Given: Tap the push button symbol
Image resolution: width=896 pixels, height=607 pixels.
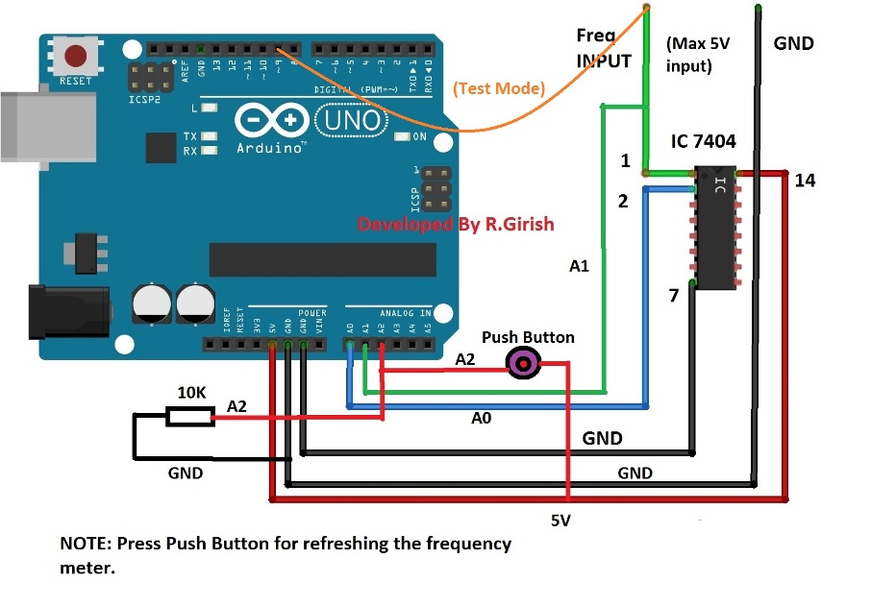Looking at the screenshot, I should coord(523,363).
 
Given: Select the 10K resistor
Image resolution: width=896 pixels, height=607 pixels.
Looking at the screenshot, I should coord(189,416).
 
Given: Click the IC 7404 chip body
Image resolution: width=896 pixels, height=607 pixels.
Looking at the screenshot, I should coord(715,228).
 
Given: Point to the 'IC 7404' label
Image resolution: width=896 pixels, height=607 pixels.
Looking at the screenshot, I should coord(703,141).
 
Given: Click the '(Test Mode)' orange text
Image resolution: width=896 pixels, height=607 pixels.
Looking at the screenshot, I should coord(499,88).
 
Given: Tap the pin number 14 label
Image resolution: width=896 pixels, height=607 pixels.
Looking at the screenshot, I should coord(805,180).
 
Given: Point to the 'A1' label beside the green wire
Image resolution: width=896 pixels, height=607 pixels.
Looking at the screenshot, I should coord(579,266).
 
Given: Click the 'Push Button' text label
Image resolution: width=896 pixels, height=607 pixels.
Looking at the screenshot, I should coord(528,337).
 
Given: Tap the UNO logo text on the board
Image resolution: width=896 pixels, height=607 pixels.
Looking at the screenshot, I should coord(348,121).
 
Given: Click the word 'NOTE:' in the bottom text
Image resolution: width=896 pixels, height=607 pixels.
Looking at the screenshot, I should coord(86,544).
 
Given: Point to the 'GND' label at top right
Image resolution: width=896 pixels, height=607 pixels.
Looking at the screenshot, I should coord(793,43).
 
